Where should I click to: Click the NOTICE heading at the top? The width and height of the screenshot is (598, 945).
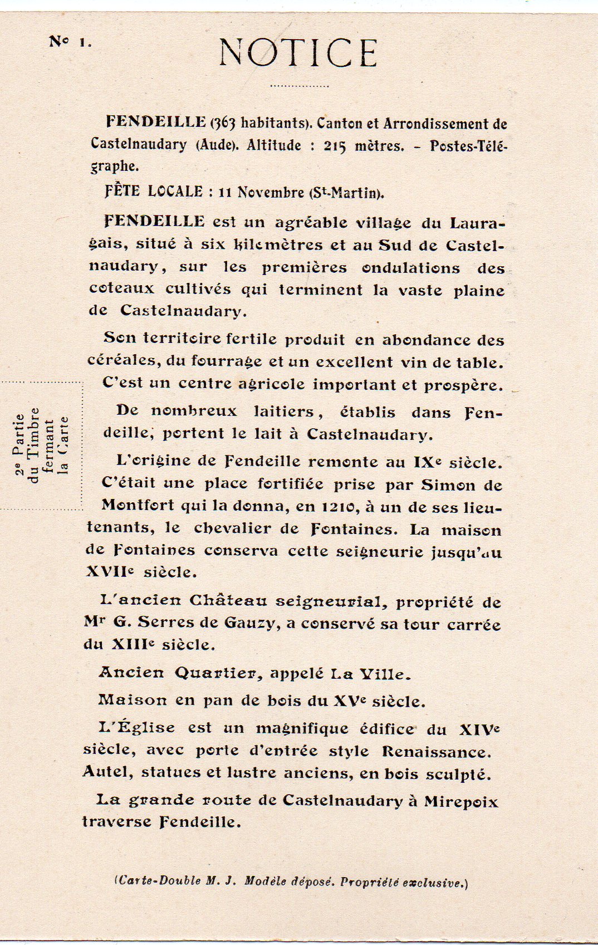click(x=298, y=53)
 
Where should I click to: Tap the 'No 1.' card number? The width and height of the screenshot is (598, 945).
click(x=70, y=42)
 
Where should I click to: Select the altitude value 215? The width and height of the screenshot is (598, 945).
click(x=335, y=146)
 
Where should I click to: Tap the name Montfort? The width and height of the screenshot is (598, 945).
click(x=138, y=506)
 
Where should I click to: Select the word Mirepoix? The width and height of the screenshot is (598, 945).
click(x=460, y=802)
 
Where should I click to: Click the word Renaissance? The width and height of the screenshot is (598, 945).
click(x=436, y=752)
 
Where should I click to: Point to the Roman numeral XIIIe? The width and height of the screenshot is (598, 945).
click(x=133, y=645)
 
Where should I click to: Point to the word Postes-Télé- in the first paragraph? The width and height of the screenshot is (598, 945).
click(x=469, y=146)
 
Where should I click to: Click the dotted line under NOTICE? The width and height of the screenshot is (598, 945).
click(x=299, y=86)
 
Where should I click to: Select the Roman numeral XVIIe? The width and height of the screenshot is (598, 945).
click(x=112, y=572)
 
